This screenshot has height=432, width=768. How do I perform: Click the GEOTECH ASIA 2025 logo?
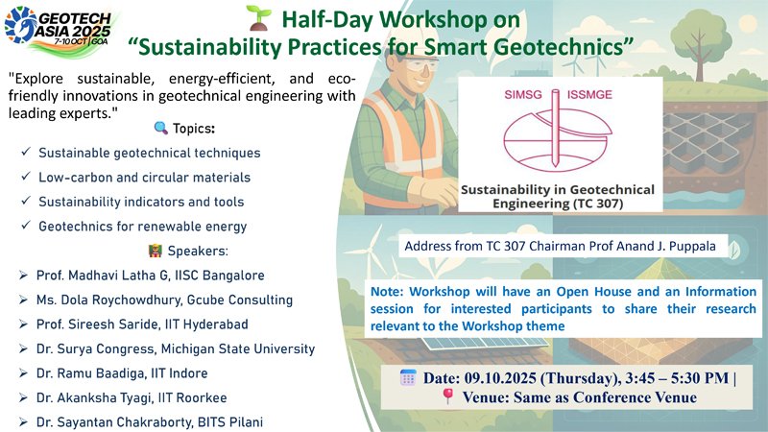pyautogui.click(x=61, y=31)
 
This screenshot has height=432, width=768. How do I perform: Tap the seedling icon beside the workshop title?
pyautogui.click(x=259, y=18)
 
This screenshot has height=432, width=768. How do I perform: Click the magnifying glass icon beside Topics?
pyautogui.click(x=160, y=129)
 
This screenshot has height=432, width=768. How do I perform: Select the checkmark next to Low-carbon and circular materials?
pyautogui.click(x=26, y=177)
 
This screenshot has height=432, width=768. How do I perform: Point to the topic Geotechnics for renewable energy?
pyautogui.click(x=142, y=227)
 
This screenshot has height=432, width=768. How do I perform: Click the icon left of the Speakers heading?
pyautogui.click(x=155, y=251)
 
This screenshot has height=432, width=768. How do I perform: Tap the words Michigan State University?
pyautogui.click(x=238, y=348)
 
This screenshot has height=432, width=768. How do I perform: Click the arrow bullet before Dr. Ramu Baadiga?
pyautogui.click(x=23, y=373)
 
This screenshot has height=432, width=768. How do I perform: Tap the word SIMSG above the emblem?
pyautogui.click(x=523, y=94)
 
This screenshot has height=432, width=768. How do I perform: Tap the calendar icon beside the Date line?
pyautogui.click(x=408, y=377)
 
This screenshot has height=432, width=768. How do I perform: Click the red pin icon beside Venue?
pyautogui.click(x=447, y=396)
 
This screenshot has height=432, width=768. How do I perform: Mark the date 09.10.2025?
pyautogui.click(x=503, y=378)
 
